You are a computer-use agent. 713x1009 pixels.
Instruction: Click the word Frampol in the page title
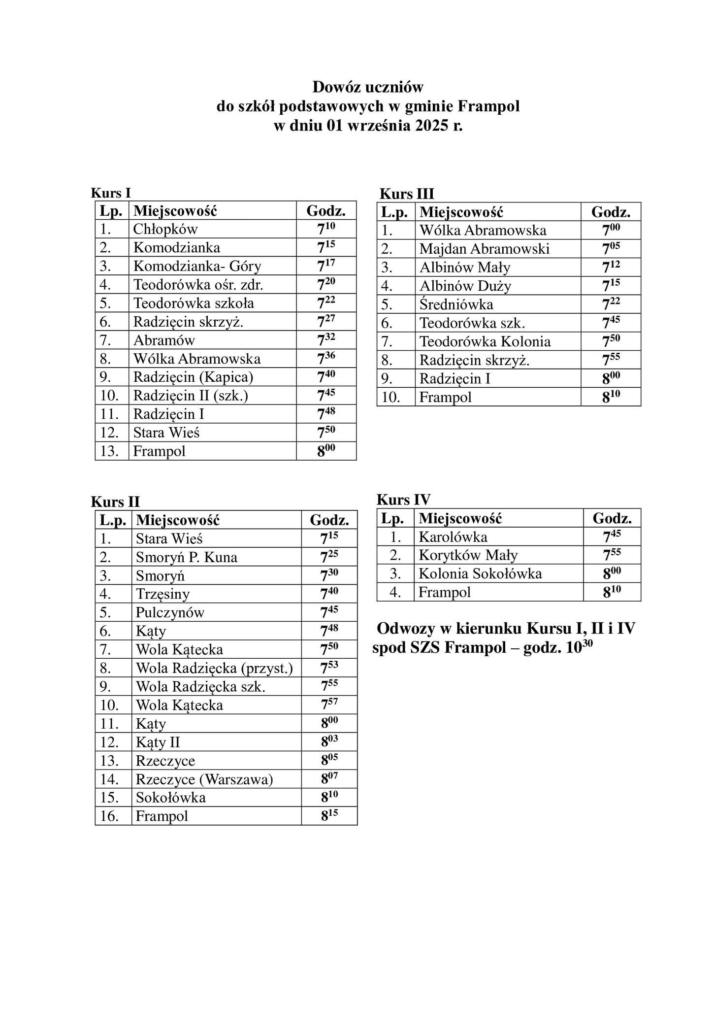(x=488, y=106)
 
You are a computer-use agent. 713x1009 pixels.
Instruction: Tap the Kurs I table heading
(x=111, y=193)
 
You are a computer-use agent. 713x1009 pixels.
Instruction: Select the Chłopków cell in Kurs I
(x=165, y=229)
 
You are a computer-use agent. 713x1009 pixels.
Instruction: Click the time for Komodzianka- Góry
(x=326, y=266)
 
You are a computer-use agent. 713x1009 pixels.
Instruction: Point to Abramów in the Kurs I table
(x=164, y=340)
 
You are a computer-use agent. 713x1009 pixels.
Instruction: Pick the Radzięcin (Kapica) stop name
(x=193, y=377)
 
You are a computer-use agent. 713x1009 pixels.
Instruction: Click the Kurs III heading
(x=407, y=194)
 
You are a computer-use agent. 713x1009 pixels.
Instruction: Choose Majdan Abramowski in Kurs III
(x=484, y=249)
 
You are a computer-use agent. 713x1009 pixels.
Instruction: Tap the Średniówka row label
(x=456, y=304)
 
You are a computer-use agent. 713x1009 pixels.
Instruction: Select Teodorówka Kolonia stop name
(x=485, y=341)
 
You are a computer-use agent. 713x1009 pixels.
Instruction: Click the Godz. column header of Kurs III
(x=611, y=212)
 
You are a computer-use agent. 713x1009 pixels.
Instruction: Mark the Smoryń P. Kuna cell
(x=186, y=557)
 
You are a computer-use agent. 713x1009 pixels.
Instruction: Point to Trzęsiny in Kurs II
(x=162, y=594)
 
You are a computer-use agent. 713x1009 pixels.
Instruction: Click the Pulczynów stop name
(x=170, y=612)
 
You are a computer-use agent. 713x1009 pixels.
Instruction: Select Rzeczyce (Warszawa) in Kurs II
(x=204, y=779)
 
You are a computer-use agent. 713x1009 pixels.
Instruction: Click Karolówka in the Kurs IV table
(x=453, y=537)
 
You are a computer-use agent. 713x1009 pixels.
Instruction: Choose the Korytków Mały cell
(x=468, y=555)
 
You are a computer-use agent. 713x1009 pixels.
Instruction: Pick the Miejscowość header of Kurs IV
(x=460, y=518)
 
